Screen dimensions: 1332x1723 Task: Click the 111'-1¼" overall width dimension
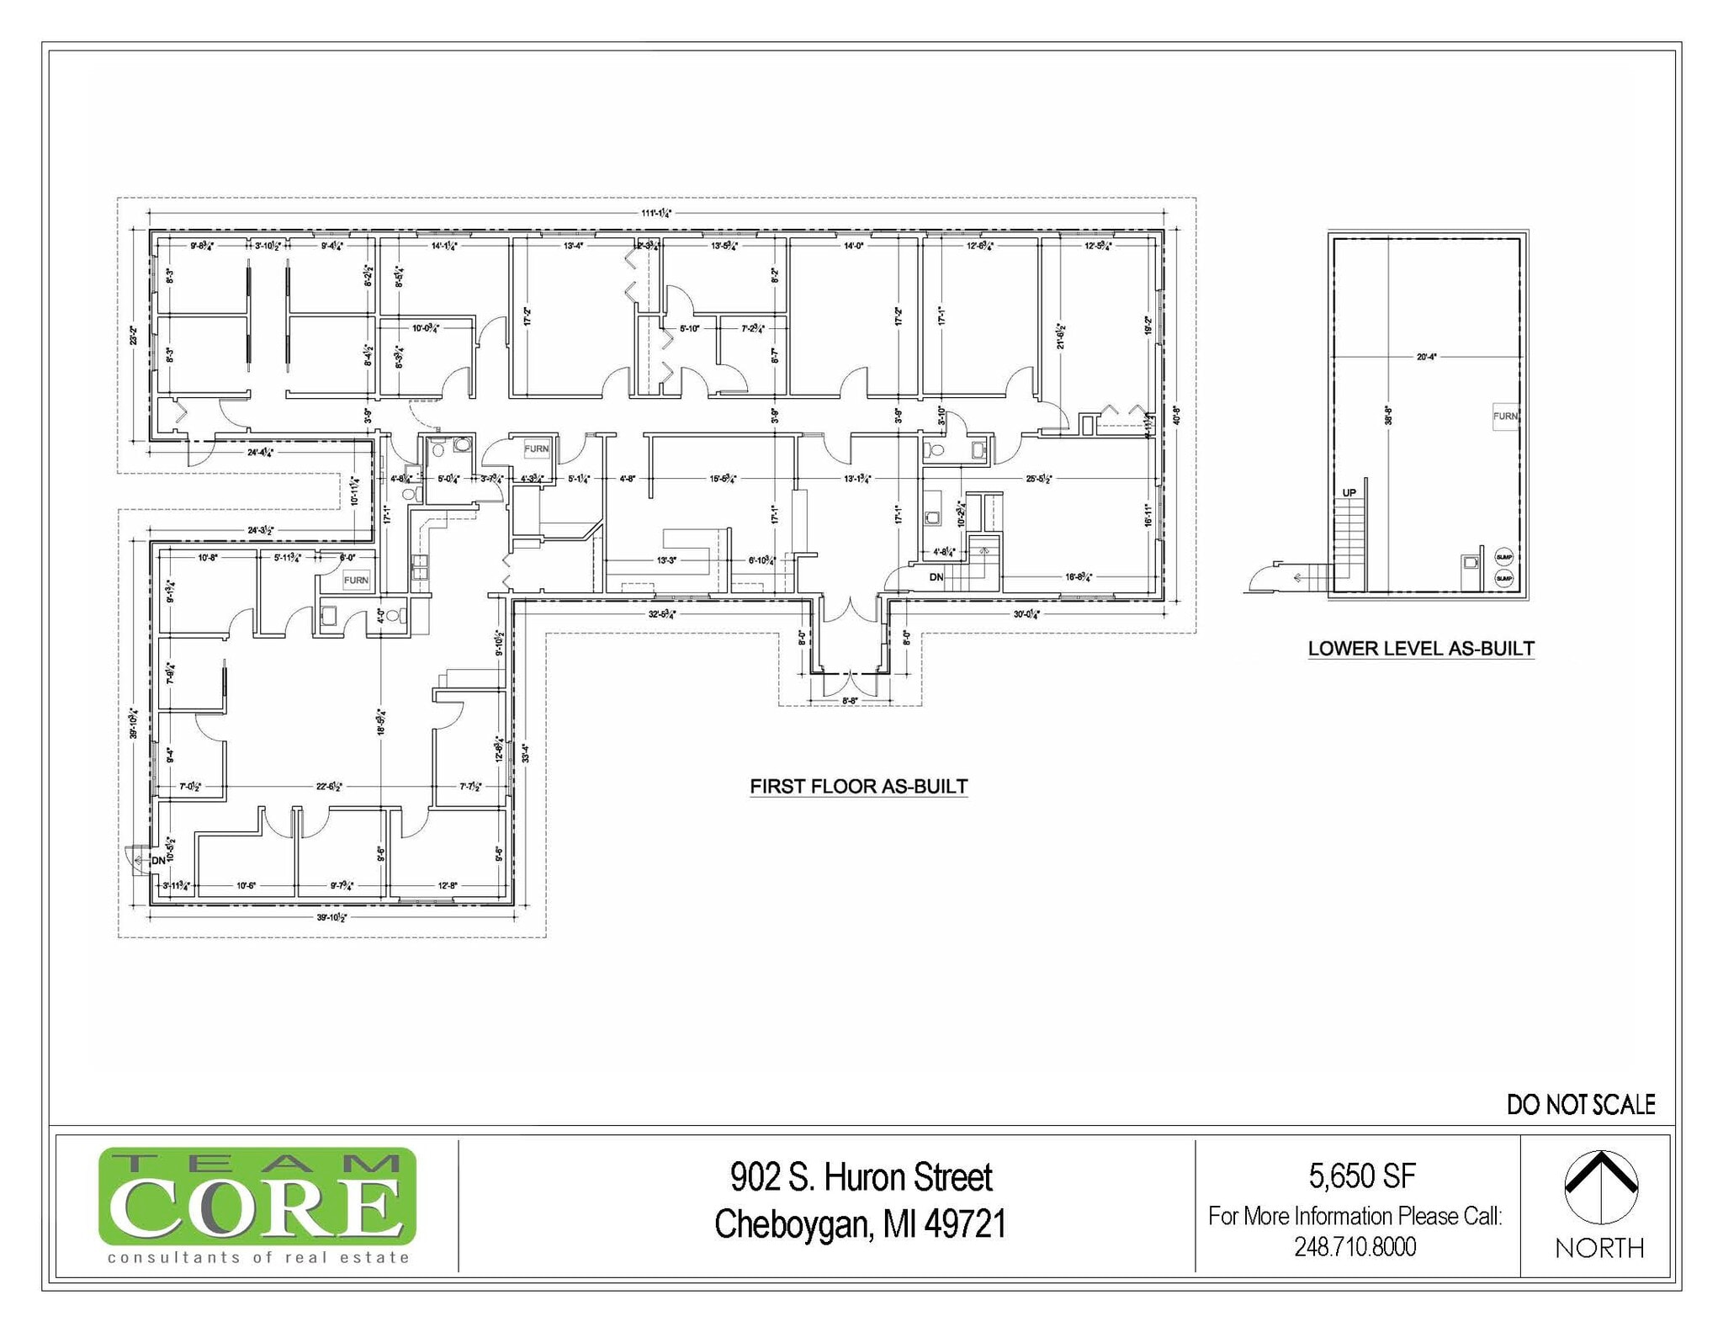(655, 213)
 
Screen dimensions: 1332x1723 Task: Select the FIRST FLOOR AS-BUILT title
(858, 786)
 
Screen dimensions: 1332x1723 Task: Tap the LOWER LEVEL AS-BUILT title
(1420, 649)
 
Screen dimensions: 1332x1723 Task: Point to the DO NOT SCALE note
(1580, 1105)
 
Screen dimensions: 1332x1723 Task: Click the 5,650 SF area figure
(1361, 1175)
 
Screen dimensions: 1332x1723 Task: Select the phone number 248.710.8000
(1355, 1246)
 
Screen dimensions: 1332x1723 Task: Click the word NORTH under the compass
(1599, 1248)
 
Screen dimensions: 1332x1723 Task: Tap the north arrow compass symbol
(1600, 1186)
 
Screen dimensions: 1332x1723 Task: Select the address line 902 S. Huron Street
(861, 1177)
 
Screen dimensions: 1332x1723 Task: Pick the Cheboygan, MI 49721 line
(860, 1224)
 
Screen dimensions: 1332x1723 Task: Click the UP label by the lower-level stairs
(1349, 493)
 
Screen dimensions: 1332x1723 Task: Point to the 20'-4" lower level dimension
(1426, 357)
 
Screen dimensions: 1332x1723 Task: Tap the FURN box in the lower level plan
(1504, 416)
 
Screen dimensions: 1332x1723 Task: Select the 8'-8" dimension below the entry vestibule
(850, 700)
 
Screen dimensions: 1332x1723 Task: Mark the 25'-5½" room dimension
(1040, 479)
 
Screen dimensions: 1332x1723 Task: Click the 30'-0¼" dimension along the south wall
(1026, 614)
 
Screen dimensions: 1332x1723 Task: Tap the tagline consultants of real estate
(257, 1258)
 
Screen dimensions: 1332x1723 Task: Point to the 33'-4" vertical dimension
(525, 751)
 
